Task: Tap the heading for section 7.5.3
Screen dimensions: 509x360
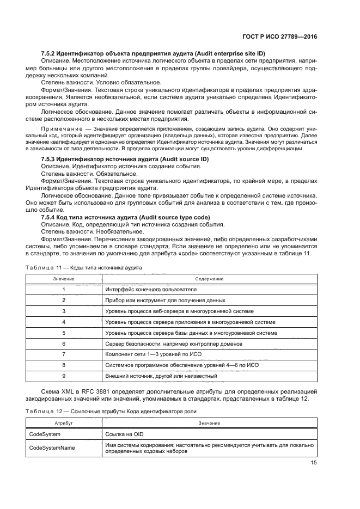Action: (x=124, y=158)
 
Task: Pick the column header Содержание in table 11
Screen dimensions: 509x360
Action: (x=209, y=279)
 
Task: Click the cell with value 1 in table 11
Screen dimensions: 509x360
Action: (x=64, y=290)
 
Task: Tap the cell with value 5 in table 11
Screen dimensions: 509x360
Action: (x=64, y=333)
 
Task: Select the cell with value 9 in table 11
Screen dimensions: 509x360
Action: (x=64, y=376)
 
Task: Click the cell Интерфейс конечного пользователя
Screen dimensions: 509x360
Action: (x=150, y=290)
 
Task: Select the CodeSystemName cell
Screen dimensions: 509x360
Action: (x=52, y=447)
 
